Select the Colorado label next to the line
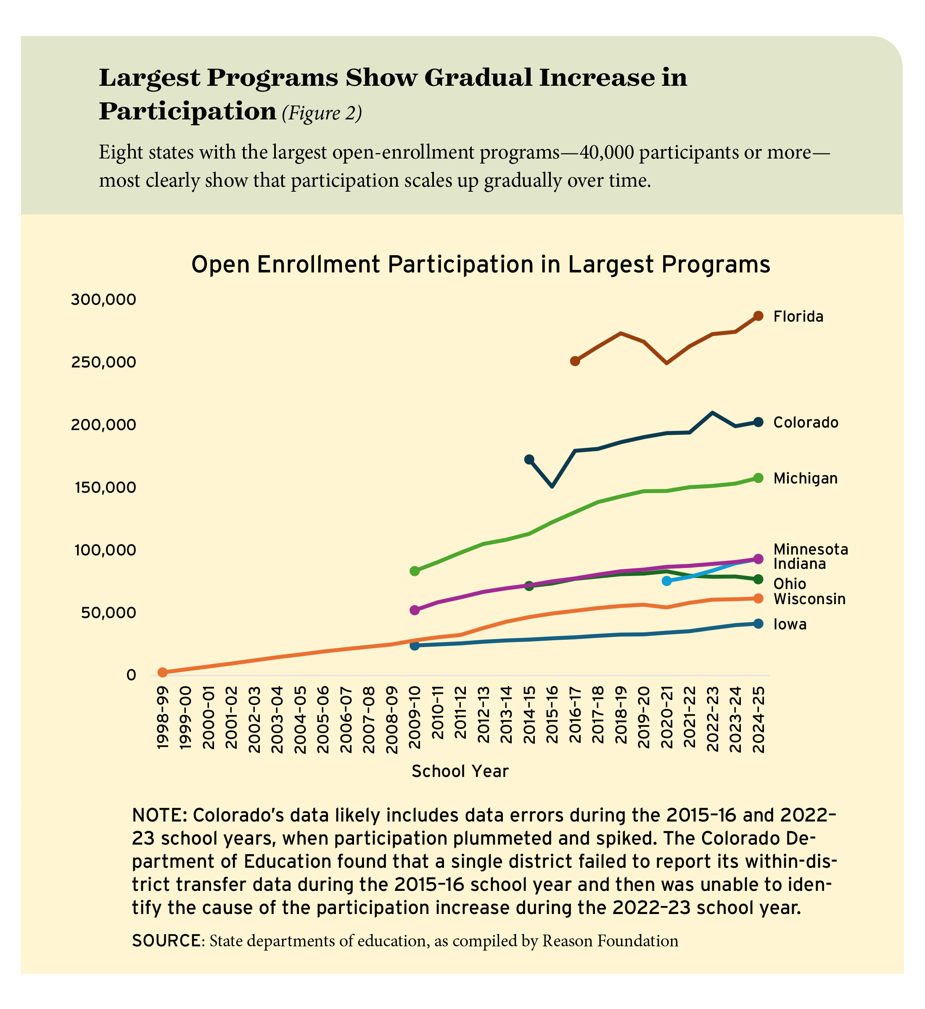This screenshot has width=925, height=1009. coord(805,423)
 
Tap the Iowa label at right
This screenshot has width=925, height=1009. coord(790,624)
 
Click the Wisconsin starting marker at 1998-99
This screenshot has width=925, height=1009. coord(162,672)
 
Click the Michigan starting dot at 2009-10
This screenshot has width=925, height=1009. coord(415,571)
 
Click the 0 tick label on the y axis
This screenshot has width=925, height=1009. coord(131,675)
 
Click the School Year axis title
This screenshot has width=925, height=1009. coord(460,771)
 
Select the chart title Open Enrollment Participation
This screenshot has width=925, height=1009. coord(480,265)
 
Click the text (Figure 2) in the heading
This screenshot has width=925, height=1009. coord(321,113)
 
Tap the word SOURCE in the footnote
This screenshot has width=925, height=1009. coord(166,940)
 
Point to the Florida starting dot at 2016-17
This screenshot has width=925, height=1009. coord(575,361)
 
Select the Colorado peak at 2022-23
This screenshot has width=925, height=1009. coord(712,413)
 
